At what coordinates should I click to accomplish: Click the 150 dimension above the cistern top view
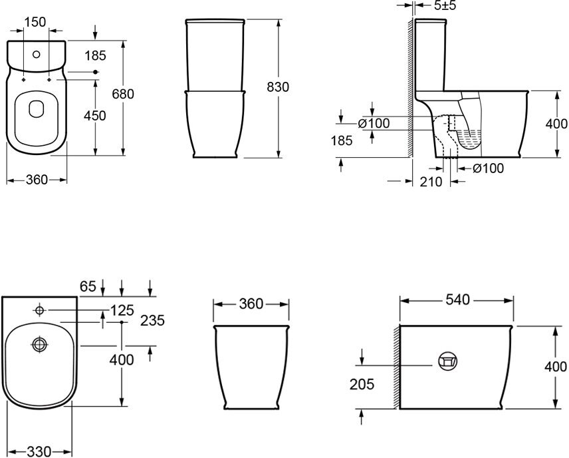(x=35, y=22)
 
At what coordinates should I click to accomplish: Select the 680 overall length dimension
(x=123, y=94)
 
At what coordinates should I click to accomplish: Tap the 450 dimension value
(x=94, y=116)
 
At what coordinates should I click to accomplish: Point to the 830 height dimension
(x=278, y=87)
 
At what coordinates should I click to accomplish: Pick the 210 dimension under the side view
(x=431, y=181)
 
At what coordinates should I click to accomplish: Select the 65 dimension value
(x=88, y=286)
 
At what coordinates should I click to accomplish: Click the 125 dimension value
(x=122, y=310)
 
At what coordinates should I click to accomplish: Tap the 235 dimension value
(x=152, y=320)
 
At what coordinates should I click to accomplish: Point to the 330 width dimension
(x=39, y=451)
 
